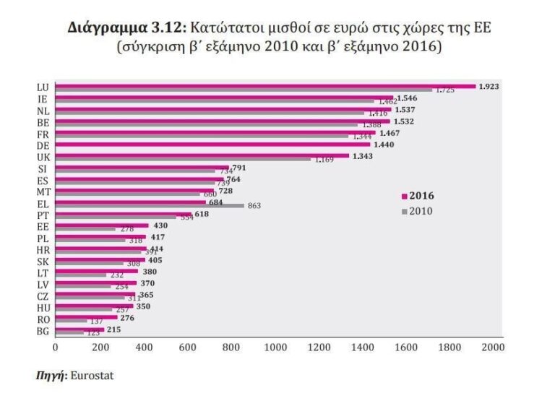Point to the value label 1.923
(x=489, y=86)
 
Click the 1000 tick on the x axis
(x=275, y=348)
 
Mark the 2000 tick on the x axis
(x=494, y=348)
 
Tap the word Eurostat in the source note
(x=92, y=376)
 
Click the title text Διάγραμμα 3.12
(x=127, y=29)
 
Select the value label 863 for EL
(x=254, y=206)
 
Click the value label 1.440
(x=384, y=145)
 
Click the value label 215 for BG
(x=114, y=329)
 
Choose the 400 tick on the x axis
(x=143, y=348)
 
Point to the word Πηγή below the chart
(x=48, y=376)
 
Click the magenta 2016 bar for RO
(x=86, y=317)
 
